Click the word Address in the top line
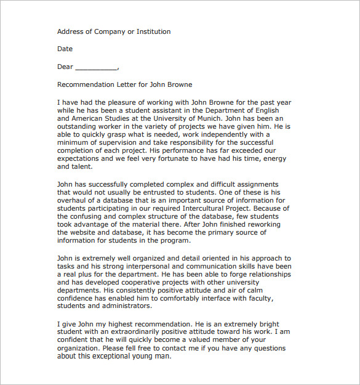coord(70,31)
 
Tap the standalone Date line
coord(65,49)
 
